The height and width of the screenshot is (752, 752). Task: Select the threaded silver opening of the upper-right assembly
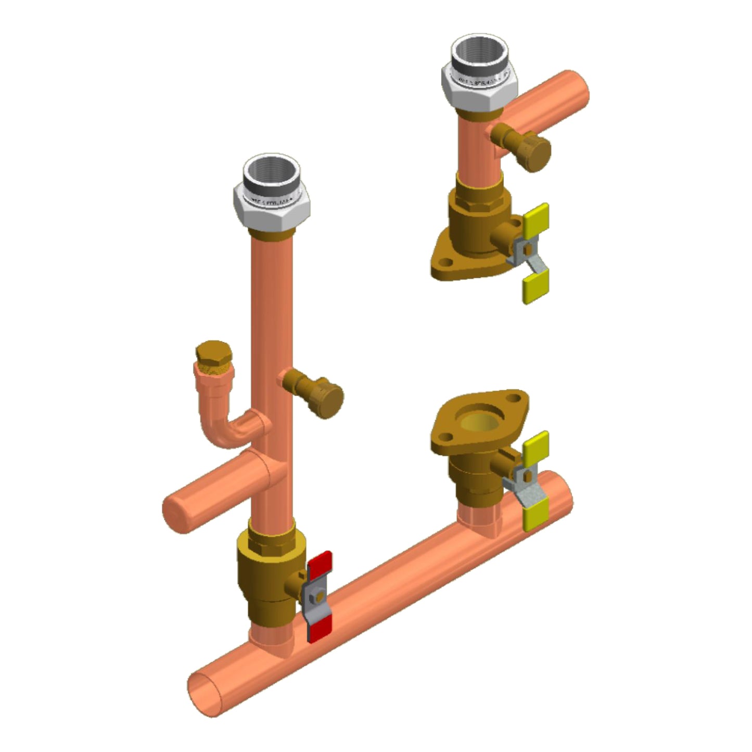(x=479, y=52)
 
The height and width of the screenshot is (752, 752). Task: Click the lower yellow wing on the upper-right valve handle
(x=534, y=288)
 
